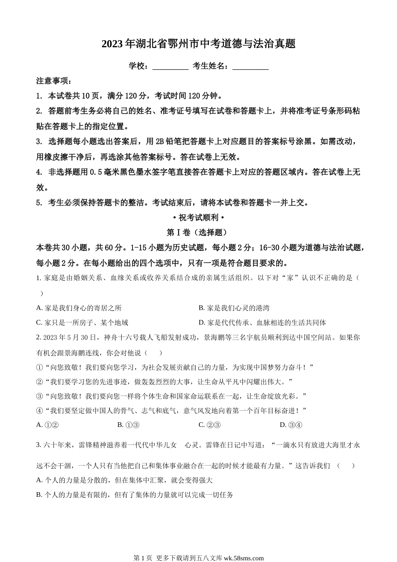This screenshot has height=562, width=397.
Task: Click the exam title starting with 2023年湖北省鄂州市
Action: click(x=198, y=44)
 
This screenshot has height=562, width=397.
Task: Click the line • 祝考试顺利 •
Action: click(x=198, y=217)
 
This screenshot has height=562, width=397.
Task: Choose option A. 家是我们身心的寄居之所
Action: click(x=79, y=308)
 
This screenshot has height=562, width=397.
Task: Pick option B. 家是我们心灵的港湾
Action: click(x=234, y=308)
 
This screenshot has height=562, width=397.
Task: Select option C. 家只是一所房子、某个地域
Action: click(x=82, y=322)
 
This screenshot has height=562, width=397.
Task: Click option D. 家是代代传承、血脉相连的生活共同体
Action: click(x=262, y=322)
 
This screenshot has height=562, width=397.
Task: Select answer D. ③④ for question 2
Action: click(x=291, y=425)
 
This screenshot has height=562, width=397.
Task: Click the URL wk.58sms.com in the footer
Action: click(x=244, y=558)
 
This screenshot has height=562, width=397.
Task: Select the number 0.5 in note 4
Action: click(x=95, y=172)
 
